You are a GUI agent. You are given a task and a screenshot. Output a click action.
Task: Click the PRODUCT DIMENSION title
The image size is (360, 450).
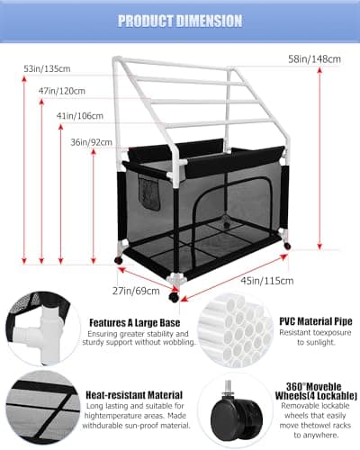point(180,21)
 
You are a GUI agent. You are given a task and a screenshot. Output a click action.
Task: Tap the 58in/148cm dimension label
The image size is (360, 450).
point(314,59)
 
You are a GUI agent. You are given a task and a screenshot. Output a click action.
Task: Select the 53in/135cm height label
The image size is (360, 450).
point(47,68)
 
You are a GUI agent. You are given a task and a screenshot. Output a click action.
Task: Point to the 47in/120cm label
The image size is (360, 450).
point(62,91)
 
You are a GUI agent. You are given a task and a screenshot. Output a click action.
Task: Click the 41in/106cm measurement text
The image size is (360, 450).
point(80,116)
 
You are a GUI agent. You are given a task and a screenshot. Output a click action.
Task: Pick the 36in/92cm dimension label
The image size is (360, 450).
point(91,142)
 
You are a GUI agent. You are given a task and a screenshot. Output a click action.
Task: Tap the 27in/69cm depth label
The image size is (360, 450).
point(136,291)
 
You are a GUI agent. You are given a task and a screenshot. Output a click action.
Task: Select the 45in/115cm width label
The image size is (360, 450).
point(267,281)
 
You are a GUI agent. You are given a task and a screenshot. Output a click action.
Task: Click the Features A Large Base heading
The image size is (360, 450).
point(135,323)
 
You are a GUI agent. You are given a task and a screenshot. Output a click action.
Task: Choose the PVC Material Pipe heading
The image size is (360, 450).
point(316,321)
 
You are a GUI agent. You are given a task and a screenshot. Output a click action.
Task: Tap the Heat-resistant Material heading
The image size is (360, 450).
point(134,395)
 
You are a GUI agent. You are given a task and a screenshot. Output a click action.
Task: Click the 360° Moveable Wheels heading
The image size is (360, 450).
point(316,391)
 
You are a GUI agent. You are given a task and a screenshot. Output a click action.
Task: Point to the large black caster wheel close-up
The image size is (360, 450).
point(237,416)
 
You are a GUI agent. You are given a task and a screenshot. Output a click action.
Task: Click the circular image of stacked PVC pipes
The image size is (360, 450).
point(236,331)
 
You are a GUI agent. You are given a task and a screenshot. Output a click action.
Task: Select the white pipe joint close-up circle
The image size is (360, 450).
point(43,328)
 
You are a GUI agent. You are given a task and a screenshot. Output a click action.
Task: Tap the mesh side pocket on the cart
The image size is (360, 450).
point(148,193)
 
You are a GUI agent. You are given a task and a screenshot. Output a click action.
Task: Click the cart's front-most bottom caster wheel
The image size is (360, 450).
point(174,297)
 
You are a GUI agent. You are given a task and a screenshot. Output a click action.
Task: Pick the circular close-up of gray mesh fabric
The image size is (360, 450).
point(43,408)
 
